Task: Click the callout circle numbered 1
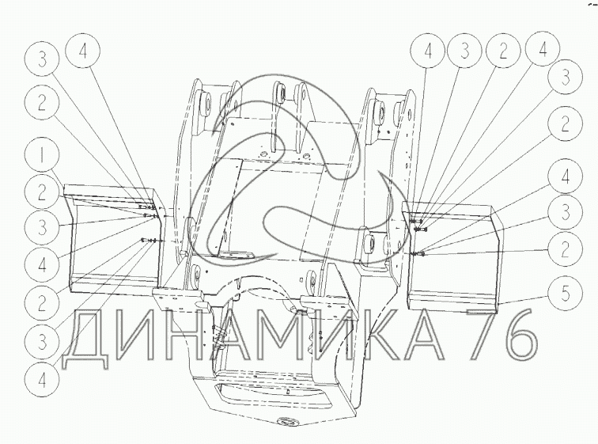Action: click(x=43, y=156)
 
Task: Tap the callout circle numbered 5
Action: click(x=566, y=294)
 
